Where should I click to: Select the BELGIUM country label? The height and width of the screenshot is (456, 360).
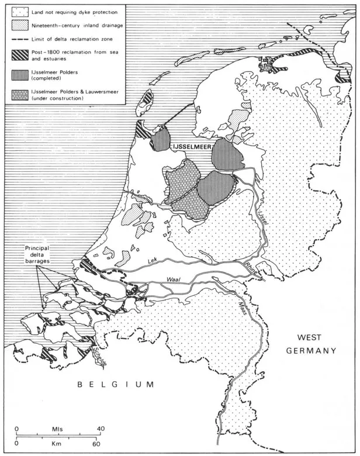click(x=116, y=384)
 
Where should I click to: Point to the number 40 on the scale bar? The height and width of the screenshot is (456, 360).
click(x=101, y=429)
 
